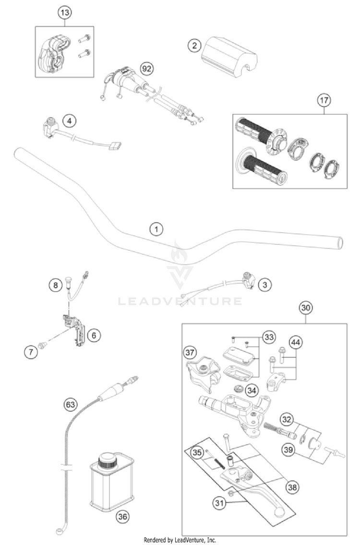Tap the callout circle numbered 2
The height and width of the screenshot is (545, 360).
point(194,46)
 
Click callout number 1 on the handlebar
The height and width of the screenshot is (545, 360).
point(156,229)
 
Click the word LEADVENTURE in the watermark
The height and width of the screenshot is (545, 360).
point(180,301)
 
